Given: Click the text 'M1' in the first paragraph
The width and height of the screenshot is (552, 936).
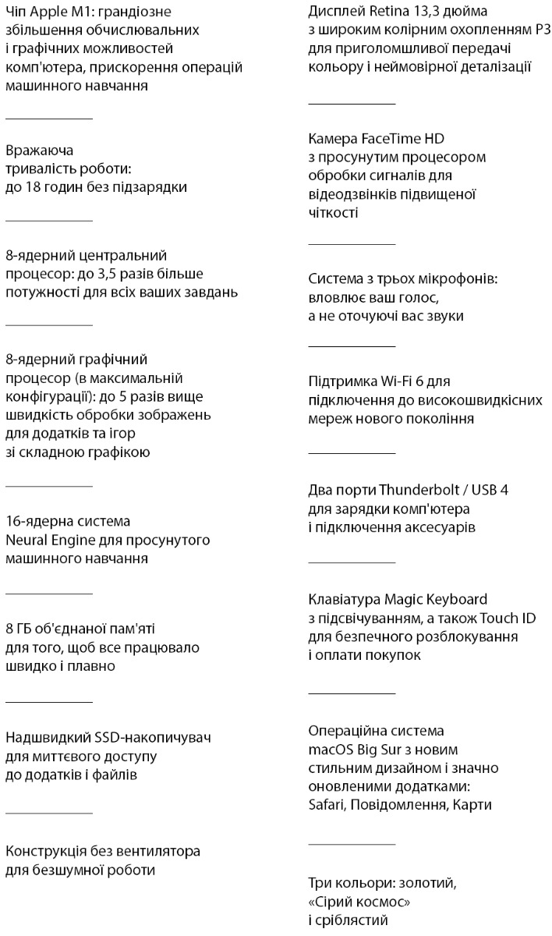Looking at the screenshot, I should pyautogui.click(x=82, y=12).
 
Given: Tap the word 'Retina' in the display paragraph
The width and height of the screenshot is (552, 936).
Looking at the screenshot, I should pyautogui.click(x=380, y=12).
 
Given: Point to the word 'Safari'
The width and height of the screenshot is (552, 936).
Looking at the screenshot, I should pyautogui.click(x=327, y=805).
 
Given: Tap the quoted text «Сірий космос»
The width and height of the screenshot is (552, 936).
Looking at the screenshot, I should pyautogui.click(x=360, y=902).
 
